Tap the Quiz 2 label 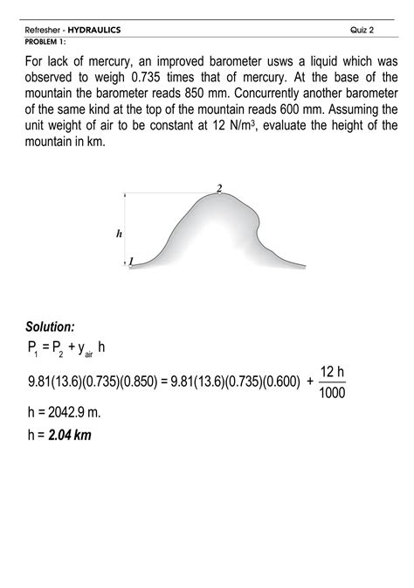click(362, 31)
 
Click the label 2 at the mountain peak click(219, 188)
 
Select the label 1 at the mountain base click(131, 260)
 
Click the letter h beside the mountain click(119, 234)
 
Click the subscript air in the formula click(88, 355)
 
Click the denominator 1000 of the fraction click(333, 392)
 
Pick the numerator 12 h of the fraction click(333, 371)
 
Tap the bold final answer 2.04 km click(72, 435)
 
